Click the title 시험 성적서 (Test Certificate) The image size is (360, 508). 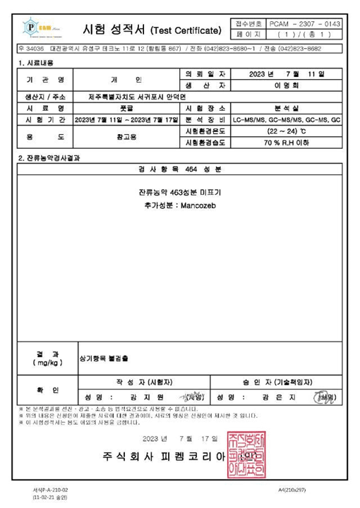click(152, 30)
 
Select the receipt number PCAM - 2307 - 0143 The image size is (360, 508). click(304, 24)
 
